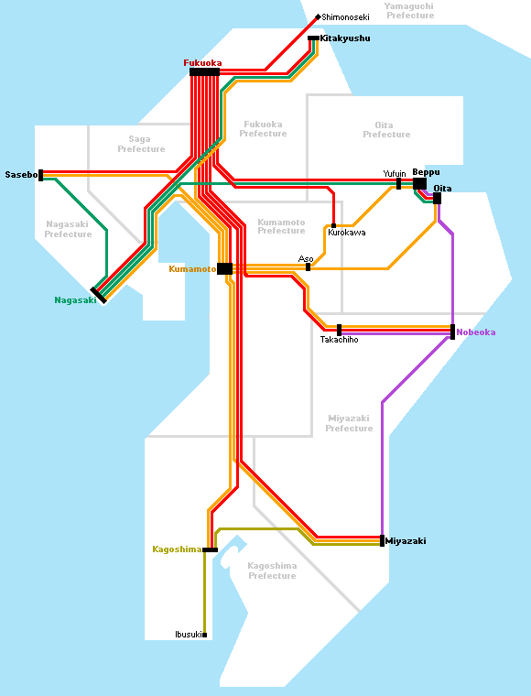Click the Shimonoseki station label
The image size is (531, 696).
[x=345, y=17]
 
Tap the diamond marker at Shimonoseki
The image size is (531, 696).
[x=318, y=17]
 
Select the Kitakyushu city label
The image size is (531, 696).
[x=344, y=38]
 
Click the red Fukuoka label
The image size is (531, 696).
[x=202, y=63]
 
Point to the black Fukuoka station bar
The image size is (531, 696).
[x=204, y=72]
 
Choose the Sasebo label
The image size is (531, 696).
[x=21, y=174]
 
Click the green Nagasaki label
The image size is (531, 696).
[x=75, y=300]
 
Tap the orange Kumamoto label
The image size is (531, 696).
[x=192, y=269]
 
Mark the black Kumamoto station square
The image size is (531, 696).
[x=225, y=269]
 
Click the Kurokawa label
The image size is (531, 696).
[x=346, y=233]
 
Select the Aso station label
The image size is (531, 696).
[x=306, y=259]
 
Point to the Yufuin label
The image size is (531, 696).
[x=395, y=174]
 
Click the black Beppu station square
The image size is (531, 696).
[x=419, y=184]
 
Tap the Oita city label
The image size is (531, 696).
[x=442, y=189]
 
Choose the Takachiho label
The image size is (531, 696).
[x=339, y=340]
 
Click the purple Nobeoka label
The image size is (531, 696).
[x=475, y=332]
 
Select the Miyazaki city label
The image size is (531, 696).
[x=406, y=540]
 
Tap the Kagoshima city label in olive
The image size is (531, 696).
[x=177, y=549]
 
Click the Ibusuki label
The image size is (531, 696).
[x=189, y=635]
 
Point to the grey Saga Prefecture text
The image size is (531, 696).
[x=141, y=145]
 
